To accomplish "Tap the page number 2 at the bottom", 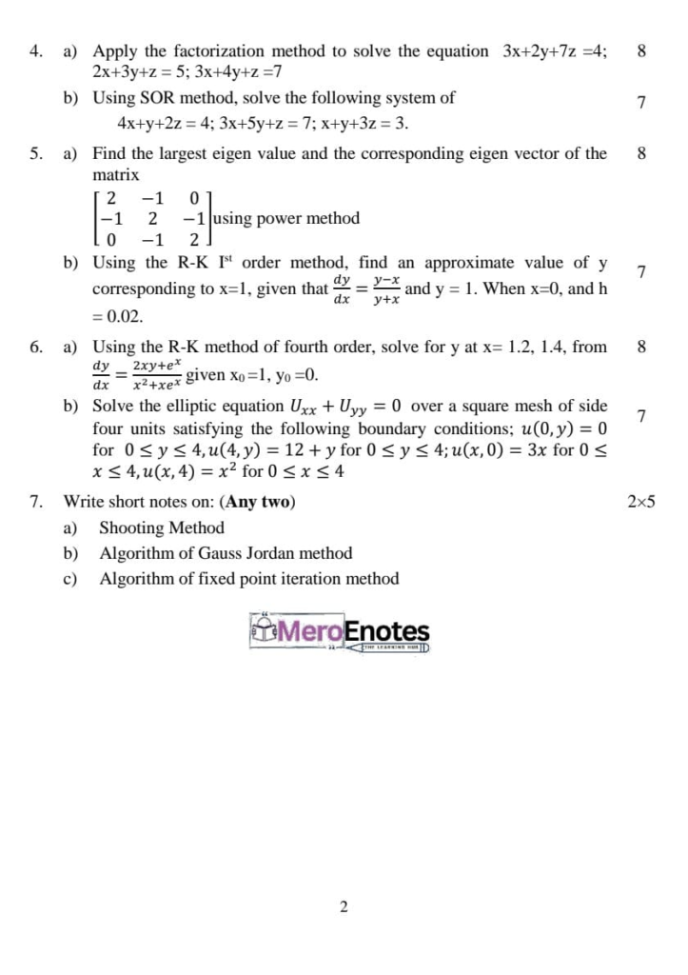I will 344,907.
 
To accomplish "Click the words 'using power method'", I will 286,219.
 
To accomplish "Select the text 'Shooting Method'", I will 162,527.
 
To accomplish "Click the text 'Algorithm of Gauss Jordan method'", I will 226,553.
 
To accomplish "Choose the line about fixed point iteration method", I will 249,579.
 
